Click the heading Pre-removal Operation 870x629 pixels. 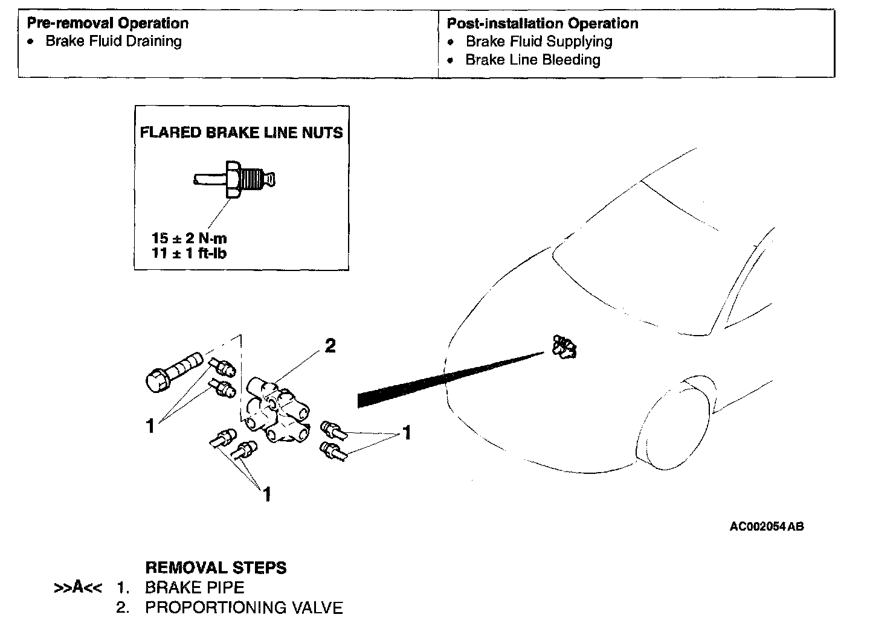[x=108, y=24]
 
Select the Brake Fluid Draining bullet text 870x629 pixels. [x=114, y=42]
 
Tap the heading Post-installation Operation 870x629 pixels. [x=542, y=24]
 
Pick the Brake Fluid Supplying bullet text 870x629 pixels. [x=538, y=42]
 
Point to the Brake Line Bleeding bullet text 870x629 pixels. [x=532, y=60]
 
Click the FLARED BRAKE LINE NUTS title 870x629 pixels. [x=241, y=133]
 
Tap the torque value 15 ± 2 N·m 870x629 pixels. [x=189, y=238]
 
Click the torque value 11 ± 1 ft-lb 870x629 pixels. [x=189, y=253]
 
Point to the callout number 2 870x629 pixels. [x=330, y=346]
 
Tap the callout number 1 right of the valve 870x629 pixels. [x=407, y=433]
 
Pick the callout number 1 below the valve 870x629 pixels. [x=266, y=494]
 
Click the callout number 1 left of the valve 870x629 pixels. [x=150, y=426]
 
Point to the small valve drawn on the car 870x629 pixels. [x=564, y=348]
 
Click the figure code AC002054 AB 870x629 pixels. [x=767, y=526]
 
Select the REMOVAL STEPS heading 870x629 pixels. [x=216, y=567]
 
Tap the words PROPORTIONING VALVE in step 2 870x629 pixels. [x=243, y=607]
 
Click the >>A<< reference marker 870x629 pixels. [x=77, y=587]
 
